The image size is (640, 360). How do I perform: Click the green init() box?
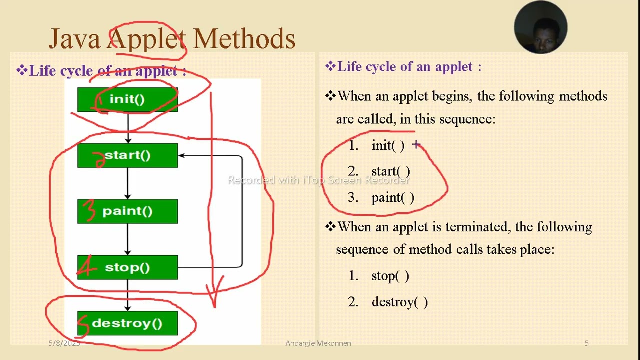[x=127, y=99]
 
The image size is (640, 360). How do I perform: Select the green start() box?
[x=127, y=155]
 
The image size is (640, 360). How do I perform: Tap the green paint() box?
[x=127, y=211]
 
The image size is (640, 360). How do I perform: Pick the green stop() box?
[x=127, y=267]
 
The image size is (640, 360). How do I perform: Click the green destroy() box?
[x=127, y=323]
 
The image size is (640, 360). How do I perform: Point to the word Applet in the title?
[x=146, y=39]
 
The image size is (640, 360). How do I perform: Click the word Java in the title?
[x=74, y=39]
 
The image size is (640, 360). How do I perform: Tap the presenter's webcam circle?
[x=540, y=27]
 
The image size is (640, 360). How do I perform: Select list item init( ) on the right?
[x=388, y=145]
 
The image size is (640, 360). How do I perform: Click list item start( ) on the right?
[x=390, y=171]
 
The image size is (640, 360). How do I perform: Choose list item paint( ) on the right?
[x=393, y=198]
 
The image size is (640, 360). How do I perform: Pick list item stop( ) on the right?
[x=390, y=276]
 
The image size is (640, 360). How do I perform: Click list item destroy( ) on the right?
[x=399, y=302]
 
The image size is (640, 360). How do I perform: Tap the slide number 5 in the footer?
[x=586, y=343]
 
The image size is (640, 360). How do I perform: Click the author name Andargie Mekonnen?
[x=318, y=343]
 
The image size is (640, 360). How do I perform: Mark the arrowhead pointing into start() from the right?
[x=182, y=155]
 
